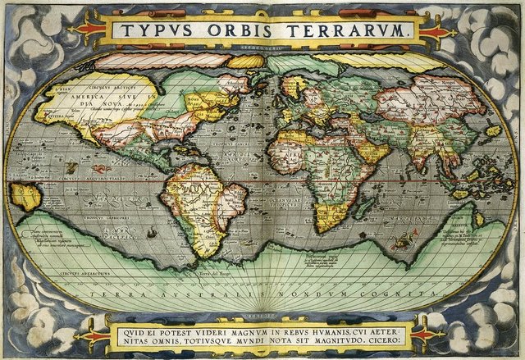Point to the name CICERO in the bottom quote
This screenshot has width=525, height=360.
[397, 335]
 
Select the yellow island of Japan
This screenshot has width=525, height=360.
[492, 130]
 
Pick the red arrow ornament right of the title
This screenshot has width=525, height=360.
[436, 31]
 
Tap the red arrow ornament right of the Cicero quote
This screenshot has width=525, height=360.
[428, 335]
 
